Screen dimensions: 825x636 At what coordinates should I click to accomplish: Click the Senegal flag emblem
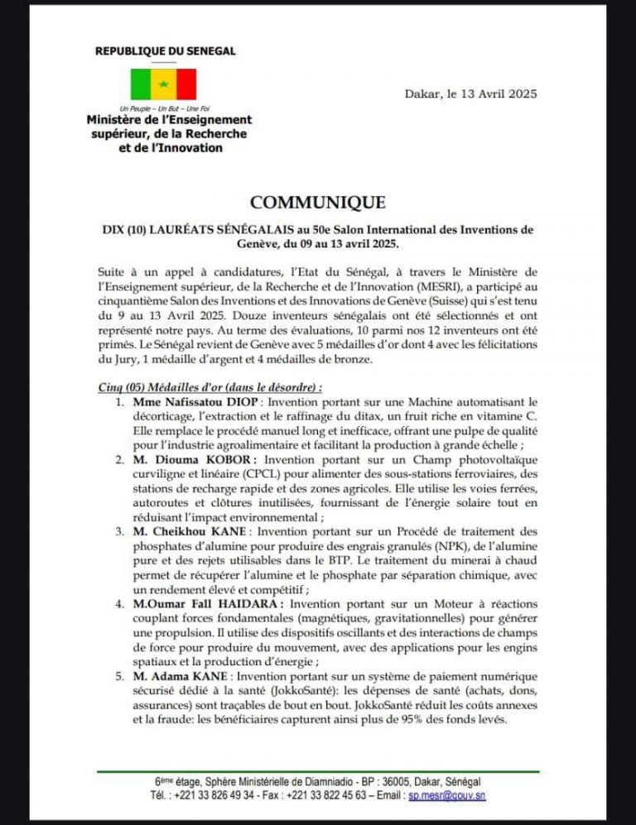(163, 84)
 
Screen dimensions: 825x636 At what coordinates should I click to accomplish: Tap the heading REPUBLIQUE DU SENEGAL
(164, 50)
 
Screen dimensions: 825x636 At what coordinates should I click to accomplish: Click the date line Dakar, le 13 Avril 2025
(470, 94)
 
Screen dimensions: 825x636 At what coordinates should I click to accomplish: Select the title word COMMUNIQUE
(317, 203)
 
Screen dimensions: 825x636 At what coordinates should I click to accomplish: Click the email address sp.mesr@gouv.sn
(447, 795)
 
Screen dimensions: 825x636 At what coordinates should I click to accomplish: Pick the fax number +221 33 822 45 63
(320, 795)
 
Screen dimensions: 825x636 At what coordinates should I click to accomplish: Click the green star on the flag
(164, 84)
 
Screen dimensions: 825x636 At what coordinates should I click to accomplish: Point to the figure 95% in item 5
(412, 721)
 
